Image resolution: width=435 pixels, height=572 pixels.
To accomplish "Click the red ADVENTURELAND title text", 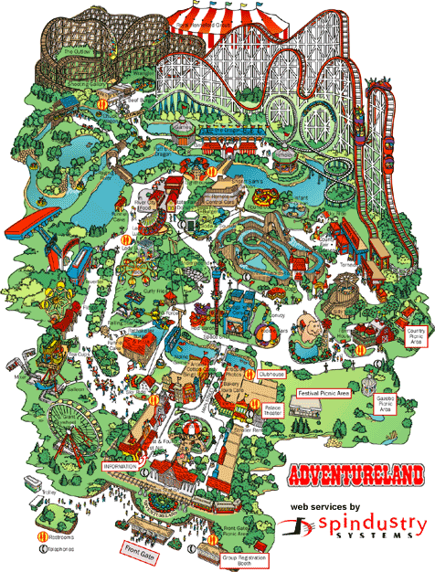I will (x=355, y=476).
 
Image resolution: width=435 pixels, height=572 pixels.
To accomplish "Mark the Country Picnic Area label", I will (x=419, y=336).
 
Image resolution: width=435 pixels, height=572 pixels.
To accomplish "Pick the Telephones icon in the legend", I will (x=41, y=550).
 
